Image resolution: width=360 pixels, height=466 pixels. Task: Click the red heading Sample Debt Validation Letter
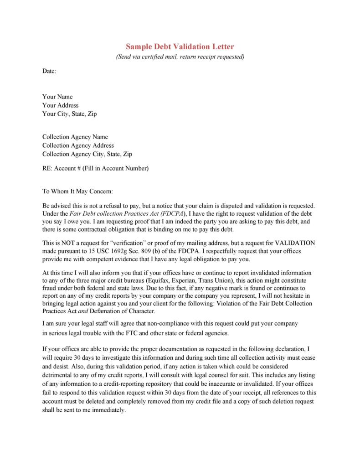coord(180,47)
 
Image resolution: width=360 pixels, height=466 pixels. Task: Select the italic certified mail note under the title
coord(180,57)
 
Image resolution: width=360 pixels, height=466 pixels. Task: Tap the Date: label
coord(49,71)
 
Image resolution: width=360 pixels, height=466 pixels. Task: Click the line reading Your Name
coord(57,97)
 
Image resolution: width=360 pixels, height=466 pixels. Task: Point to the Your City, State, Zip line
coord(69,114)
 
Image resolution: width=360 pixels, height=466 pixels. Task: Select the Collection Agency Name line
coord(75,137)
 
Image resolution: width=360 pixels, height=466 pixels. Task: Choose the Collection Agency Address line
coord(78,145)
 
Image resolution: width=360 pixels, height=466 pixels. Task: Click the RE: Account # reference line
coord(95,168)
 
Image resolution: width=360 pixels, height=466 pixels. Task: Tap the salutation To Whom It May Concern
coord(77,191)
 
